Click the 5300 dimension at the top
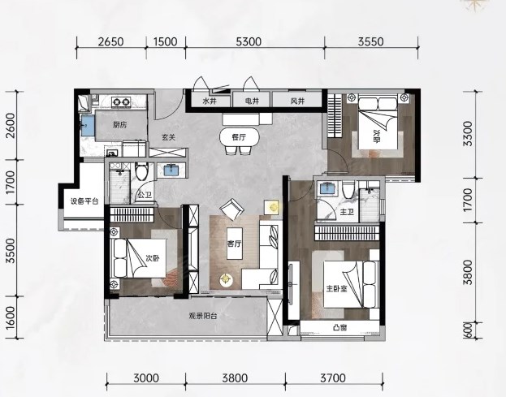(x=249, y=42)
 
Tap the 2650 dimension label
(x=110, y=42)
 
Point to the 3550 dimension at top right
(x=371, y=42)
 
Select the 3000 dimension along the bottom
(x=146, y=378)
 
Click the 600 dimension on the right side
(x=469, y=330)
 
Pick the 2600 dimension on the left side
(x=11, y=126)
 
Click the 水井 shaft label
(x=210, y=101)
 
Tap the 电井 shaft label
(x=252, y=101)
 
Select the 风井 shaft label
(x=297, y=101)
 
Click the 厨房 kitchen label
(x=119, y=125)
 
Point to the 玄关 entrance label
(x=168, y=137)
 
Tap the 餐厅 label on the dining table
(x=239, y=137)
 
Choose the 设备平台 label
(x=84, y=201)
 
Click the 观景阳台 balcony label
(x=203, y=316)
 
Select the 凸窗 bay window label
(x=339, y=328)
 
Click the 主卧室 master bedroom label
(x=336, y=288)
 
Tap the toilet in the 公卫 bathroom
(x=141, y=171)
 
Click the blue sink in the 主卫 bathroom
(x=327, y=188)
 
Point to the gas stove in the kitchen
(x=121, y=102)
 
